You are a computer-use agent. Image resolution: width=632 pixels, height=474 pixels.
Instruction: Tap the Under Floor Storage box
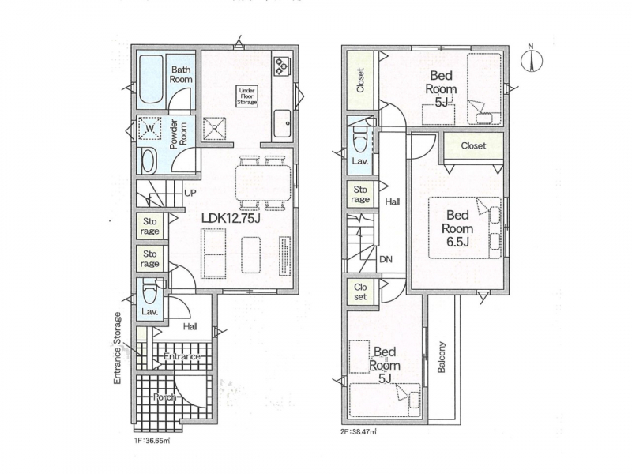pos(246,96)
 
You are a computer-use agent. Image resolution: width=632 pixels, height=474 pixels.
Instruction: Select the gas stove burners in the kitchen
pos(281,66)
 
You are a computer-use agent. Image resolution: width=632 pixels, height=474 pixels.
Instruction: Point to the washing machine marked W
pos(149,129)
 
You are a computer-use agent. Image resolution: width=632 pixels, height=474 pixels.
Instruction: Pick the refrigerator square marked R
pos(214,129)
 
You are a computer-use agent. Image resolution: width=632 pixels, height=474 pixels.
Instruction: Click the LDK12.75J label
pos(231,218)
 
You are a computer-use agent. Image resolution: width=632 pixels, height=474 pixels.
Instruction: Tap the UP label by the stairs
pos(190,193)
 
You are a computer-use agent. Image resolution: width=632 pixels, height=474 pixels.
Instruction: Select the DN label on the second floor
pos(386,260)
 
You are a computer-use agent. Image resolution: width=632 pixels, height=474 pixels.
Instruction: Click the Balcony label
pos(442,357)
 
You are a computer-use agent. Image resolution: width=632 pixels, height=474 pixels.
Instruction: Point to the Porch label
pos(165,397)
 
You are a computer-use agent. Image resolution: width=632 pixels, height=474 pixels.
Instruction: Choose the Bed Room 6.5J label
pos(457,228)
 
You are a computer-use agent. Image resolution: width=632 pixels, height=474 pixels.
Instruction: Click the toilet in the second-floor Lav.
pos(359,139)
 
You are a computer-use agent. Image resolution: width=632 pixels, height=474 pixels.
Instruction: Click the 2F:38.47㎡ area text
pos(359,432)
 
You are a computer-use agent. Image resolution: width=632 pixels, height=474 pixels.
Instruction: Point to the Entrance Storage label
pos(117,348)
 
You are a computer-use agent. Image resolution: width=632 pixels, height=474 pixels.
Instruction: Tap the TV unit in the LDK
pos(285,256)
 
